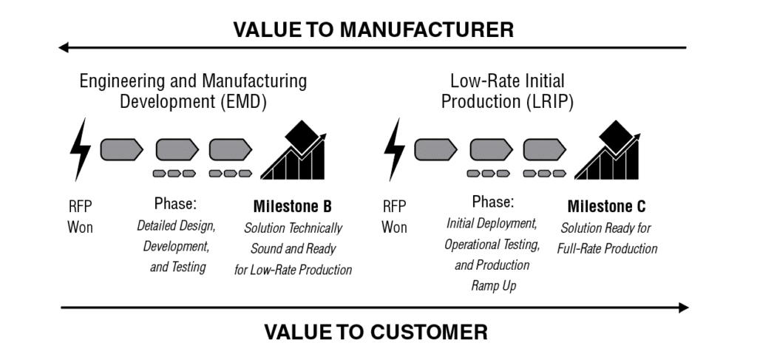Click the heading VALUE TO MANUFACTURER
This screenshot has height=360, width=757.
[373, 30]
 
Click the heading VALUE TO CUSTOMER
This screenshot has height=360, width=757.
[376, 332]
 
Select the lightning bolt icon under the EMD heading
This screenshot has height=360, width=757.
[80, 151]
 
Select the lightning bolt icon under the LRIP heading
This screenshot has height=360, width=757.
[395, 151]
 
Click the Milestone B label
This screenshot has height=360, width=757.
[292, 206]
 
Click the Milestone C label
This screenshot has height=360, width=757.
[606, 206]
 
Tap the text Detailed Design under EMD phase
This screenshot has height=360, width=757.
[176, 225]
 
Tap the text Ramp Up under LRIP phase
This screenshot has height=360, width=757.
[494, 286]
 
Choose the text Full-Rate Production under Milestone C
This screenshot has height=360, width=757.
[607, 249]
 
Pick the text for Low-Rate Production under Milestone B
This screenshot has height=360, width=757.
[293, 270]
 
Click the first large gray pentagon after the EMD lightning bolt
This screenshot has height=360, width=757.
[121, 149]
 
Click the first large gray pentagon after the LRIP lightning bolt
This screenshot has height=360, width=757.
[435, 149]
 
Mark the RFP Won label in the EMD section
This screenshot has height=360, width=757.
[80, 217]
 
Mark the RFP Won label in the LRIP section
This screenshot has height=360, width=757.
[394, 217]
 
